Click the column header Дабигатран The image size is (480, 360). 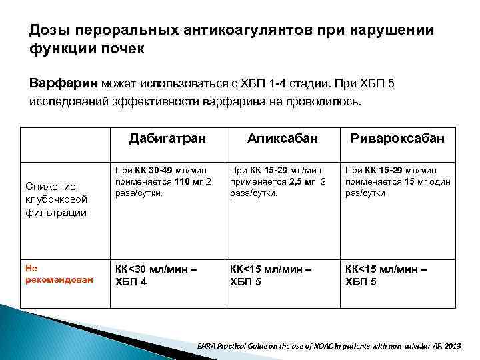tap(167, 138)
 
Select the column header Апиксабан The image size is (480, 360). tap(282, 138)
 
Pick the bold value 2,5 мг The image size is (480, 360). tap(293, 181)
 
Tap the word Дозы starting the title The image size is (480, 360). tap(49, 31)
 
